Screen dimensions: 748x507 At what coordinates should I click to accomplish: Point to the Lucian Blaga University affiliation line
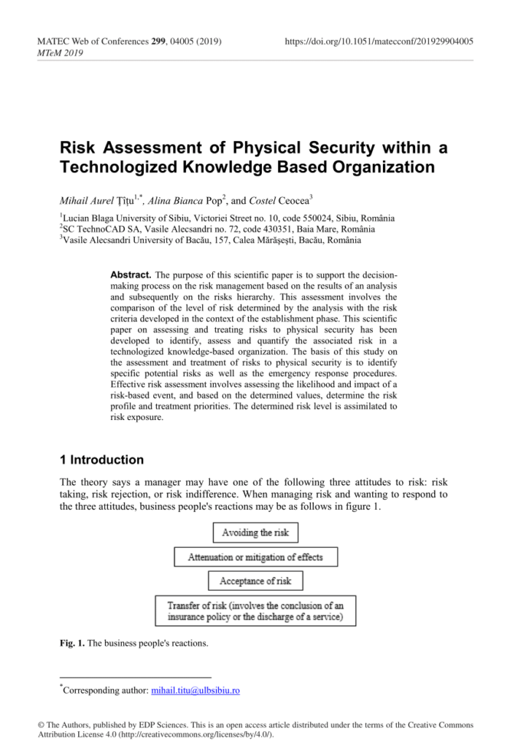click(227, 218)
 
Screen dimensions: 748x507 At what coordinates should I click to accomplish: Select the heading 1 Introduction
click(101, 460)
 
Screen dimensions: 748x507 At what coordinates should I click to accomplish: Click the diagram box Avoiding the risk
click(255, 533)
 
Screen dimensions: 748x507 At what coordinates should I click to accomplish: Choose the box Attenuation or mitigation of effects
click(255, 557)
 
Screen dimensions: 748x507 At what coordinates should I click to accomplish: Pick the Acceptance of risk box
click(255, 581)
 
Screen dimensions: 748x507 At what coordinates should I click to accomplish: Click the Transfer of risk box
click(255, 611)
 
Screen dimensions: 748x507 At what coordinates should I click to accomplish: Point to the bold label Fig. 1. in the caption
click(72, 644)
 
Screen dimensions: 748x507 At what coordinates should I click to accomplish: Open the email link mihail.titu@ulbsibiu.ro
click(195, 690)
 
